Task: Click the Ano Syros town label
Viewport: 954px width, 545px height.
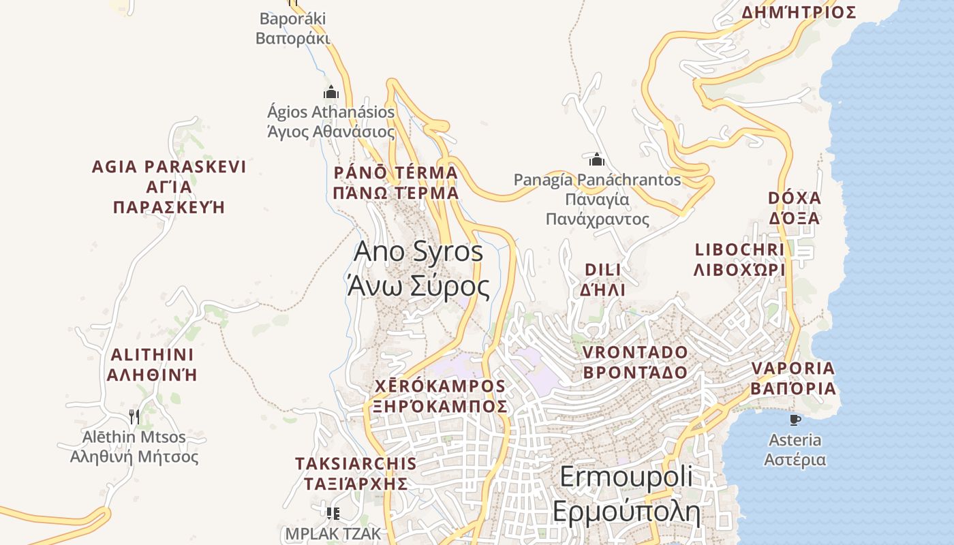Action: pos(418,269)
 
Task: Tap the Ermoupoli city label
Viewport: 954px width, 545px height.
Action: pos(626,494)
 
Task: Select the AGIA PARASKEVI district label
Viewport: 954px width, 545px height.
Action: pos(168,187)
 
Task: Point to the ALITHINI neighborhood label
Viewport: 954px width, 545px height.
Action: pos(153,364)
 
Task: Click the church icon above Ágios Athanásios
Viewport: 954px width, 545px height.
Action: pos(331,92)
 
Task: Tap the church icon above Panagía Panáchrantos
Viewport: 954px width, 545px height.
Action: pos(597,160)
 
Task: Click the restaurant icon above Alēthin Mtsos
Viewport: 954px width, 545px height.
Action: pos(134,416)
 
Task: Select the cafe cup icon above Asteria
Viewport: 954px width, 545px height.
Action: pos(794,420)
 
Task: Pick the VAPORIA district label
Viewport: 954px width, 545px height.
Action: pos(793,378)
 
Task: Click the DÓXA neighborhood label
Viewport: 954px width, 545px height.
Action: pos(795,208)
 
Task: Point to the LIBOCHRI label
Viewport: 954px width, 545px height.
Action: pos(739,260)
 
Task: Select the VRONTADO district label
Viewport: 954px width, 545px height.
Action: pos(635,362)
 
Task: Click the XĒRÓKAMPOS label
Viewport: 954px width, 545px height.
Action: pos(440,396)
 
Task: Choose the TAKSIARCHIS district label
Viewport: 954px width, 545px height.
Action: pos(355,473)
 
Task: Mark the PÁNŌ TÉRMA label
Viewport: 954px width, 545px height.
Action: pos(396,183)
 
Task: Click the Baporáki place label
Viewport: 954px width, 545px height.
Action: pos(293,28)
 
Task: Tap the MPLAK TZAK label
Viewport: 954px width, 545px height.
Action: pos(333,533)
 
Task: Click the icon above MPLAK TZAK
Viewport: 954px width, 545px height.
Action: pos(333,512)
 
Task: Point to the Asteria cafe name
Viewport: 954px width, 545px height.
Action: pos(795,450)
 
